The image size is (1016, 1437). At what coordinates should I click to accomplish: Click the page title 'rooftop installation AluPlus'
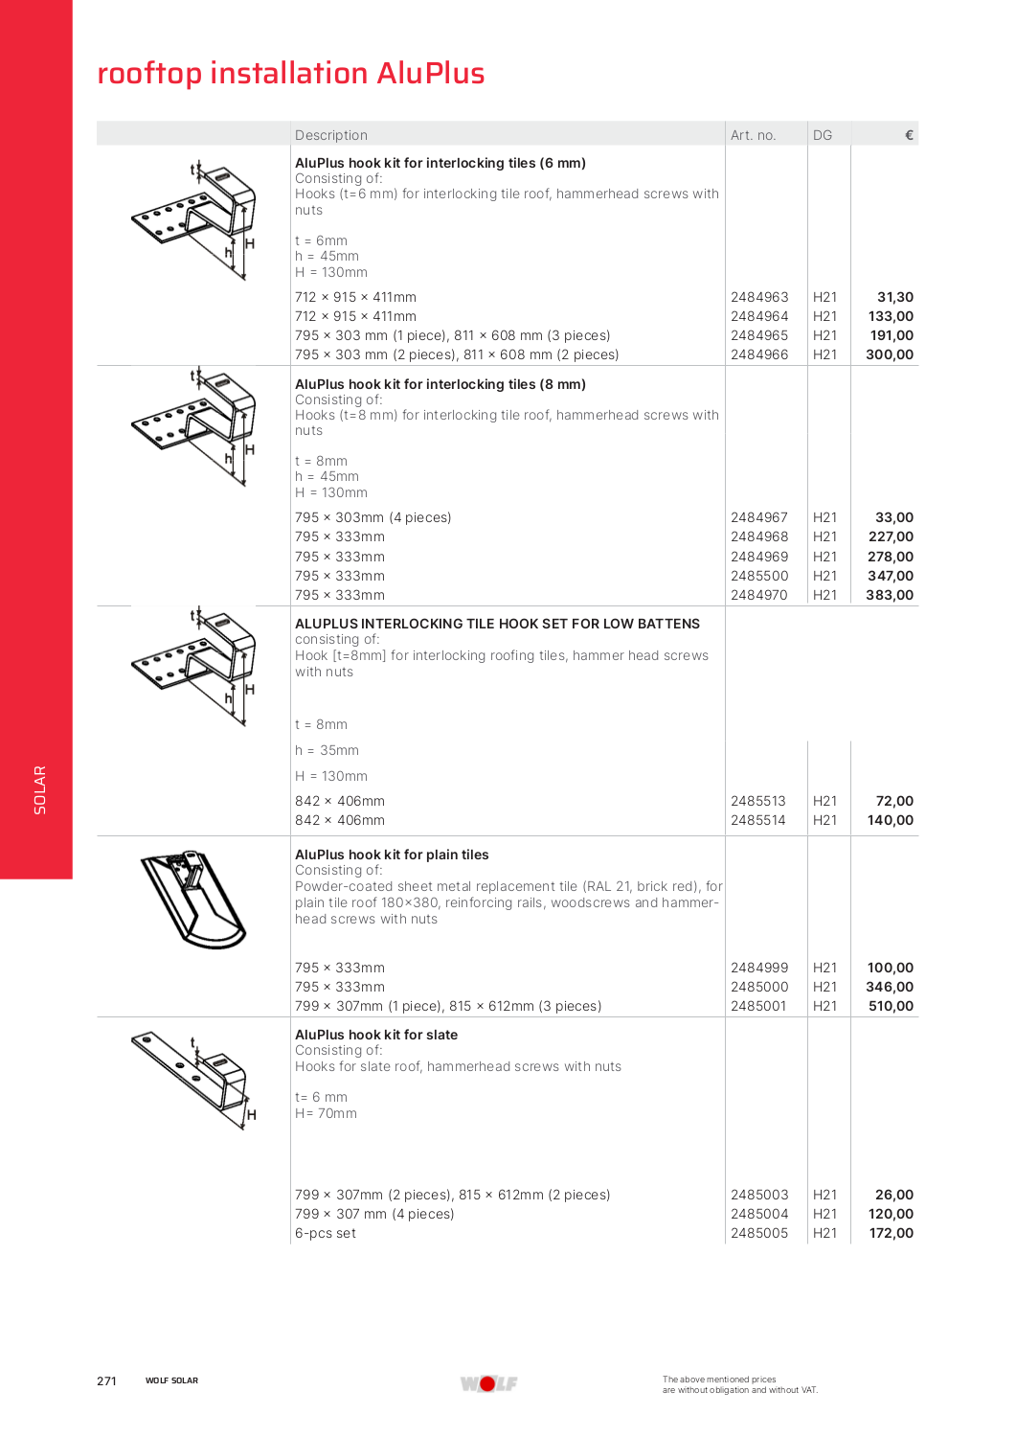(x=291, y=74)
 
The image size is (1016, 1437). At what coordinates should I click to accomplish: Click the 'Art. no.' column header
(x=753, y=135)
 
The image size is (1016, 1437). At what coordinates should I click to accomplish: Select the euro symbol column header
(x=909, y=135)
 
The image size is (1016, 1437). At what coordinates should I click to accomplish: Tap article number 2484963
(x=759, y=297)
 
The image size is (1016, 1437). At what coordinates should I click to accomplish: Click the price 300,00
(x=890, y=354)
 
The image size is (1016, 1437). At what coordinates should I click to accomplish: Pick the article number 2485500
(x=759, y=576)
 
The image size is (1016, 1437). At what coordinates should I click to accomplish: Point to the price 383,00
(x=890, y=595)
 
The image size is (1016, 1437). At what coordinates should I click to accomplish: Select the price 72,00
(x=894, y=801)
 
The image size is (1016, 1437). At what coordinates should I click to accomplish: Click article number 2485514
(x=757, y=820)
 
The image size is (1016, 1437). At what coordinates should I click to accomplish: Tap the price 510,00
(x=891, y=1006)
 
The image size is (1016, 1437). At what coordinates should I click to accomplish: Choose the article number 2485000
(x=759, y=987)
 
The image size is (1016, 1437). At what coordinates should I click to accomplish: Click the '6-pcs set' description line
(x=326, y=1233)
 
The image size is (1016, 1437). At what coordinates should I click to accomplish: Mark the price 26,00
(x=894, y=1195)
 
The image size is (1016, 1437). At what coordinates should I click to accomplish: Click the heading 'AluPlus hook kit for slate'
(x=376, y=1035)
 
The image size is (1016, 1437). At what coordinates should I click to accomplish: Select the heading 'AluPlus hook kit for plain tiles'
(x=392, y=855)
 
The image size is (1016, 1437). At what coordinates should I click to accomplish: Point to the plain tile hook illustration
(x=193, y=899)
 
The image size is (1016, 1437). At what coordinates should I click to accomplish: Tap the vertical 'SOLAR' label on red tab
(x=40, y=789)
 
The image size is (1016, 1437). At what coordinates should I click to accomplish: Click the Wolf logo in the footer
(x=488, y=1383)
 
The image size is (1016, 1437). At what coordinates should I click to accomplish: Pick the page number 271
(x=106, y=1380)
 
